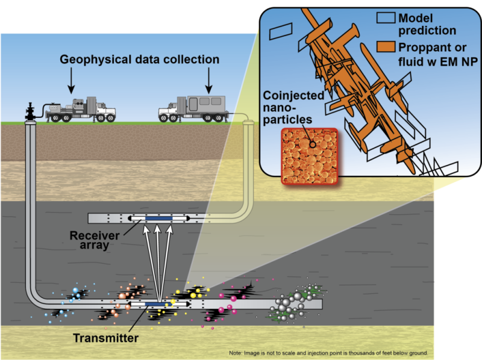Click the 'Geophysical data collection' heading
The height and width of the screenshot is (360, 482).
(139, 60)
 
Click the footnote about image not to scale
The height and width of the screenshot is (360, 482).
(328, 352)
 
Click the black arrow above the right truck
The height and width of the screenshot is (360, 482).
(208, 81)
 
